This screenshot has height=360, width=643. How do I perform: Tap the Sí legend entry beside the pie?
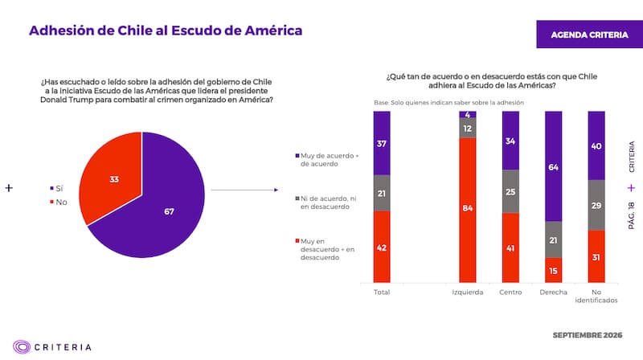56,189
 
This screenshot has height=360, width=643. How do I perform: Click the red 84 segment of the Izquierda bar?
468,210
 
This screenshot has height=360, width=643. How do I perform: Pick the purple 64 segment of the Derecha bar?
553,166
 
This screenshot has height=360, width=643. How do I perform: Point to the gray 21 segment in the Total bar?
382,193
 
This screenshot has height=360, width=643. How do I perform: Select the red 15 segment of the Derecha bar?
553,270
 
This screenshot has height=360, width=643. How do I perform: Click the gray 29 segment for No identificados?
596,205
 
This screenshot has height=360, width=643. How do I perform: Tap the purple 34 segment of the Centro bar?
510,141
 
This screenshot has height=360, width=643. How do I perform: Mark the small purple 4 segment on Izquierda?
468,114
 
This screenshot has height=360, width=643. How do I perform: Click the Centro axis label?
510,292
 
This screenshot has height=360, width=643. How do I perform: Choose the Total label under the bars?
382,292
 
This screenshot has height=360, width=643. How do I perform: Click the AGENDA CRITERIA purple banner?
590,35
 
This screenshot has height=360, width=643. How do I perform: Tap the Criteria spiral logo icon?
22,347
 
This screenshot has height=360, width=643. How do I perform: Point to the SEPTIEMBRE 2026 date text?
588,335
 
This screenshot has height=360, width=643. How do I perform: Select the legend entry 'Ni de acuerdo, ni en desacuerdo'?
326,202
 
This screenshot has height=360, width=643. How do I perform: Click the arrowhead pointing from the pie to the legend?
276,190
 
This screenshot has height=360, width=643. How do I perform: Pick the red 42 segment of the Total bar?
382,247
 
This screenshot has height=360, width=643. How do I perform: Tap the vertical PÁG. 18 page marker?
631,215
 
